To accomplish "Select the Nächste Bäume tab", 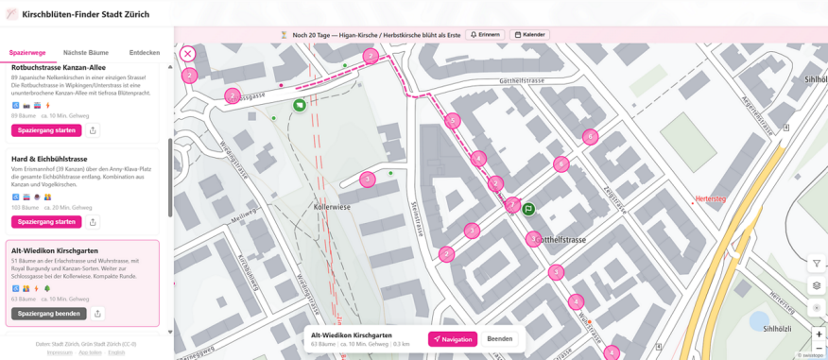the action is coord(86,53).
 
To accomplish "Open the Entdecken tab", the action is coord(145,53).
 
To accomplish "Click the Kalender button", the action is coord(530,35).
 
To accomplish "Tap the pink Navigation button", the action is coord(453,339).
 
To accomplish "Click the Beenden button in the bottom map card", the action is coord(499,339).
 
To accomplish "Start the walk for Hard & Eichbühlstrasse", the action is coord(46,222).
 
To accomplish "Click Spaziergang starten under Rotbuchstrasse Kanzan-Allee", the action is coord(46,130).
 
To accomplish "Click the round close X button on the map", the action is coord(188,55).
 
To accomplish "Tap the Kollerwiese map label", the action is coord(333,205).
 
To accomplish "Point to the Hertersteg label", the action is coord(709,199).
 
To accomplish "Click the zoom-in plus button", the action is coord(819,334).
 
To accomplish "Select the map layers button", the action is coord(818,286).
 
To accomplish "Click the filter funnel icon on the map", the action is coord(818,264).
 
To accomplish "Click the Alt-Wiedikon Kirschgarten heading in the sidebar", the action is coord(55,250).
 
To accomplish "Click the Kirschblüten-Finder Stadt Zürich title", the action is coord(82,14).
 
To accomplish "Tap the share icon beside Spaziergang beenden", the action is coord(98,314).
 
